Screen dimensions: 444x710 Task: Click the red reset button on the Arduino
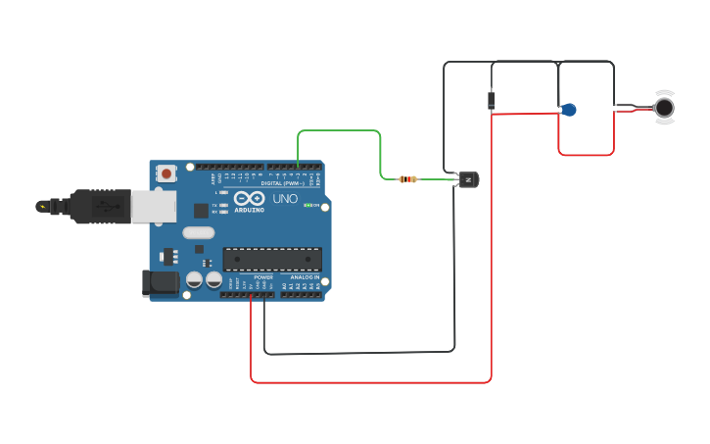(166, 173)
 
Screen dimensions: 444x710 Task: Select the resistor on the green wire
(408, 178)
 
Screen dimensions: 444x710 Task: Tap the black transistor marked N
(467, 179)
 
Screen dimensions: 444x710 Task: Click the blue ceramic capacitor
(568, 110)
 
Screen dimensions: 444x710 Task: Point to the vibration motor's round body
(665, 107)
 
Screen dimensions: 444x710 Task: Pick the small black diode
(491, 100)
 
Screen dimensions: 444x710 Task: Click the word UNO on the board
(285, 199)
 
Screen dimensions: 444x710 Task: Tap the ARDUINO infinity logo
(249, 199)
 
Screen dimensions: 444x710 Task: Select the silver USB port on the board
(154, 206)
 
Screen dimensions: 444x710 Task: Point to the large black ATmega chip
(272, 259)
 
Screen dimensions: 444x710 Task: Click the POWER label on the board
(263, 277)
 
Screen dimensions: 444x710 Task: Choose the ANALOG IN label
(303, 277)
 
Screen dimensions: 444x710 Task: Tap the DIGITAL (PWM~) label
(283, 183)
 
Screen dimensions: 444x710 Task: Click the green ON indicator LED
(308, 205)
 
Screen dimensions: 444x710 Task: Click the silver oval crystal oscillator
(197, 233)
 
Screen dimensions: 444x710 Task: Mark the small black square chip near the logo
(201, 210)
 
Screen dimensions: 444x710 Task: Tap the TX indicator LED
(224, 204)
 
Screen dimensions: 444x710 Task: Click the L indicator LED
(224, 192)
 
